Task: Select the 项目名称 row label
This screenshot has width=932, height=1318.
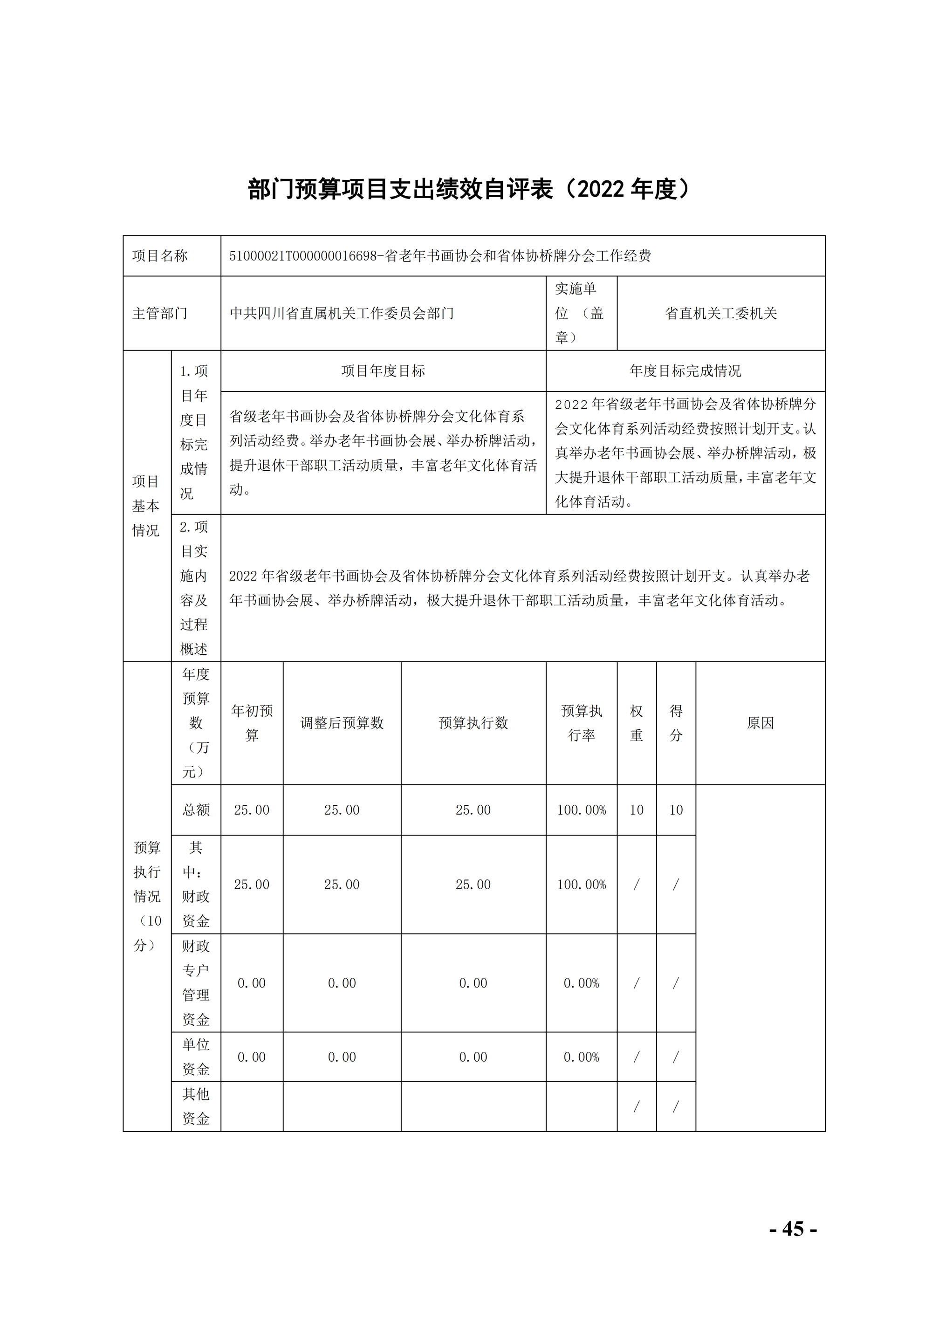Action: pos(160,256)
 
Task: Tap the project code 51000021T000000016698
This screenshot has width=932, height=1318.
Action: pos(302,256)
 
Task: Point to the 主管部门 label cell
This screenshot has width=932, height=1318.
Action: pos(160,314)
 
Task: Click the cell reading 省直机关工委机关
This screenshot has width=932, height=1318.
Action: pos(721,314)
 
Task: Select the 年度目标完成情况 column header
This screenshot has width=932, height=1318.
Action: pos(685,371)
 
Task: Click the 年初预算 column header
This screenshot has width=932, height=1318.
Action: pos(252,723)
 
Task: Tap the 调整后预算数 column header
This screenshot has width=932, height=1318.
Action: pos(342,723)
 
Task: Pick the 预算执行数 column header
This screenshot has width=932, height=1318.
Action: pos(473,723)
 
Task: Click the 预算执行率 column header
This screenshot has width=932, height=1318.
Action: pos(582,723)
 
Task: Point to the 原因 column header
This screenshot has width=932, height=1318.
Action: pos(761,723)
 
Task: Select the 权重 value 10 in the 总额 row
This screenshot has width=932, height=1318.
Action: pos(637,810)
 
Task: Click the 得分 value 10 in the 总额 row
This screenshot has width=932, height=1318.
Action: pos(676,810)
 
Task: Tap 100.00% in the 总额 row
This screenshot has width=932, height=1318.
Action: pos(582,810)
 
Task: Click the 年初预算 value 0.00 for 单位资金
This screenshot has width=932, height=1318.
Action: pos(252,1057)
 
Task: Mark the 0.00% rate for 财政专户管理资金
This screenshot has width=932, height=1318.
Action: pos(582,983)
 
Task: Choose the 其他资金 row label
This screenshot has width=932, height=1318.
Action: pos(196,1106)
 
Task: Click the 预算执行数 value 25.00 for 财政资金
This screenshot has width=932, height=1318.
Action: pos(473,885)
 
